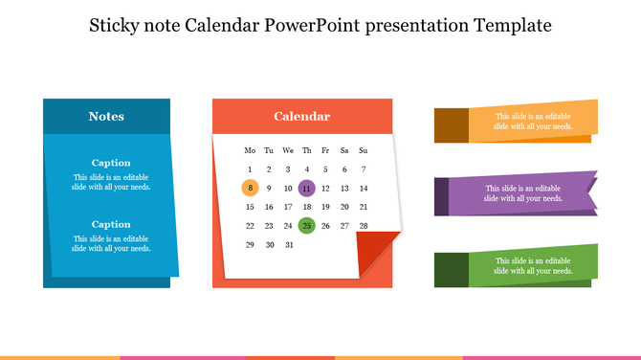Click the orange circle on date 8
coord(250,188)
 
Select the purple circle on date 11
coord(306,188)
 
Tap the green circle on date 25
coord(306,226)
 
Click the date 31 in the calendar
coord(288,244)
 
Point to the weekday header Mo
coord(250,150)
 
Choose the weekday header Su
coord(364,150)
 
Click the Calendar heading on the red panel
coord(301,117)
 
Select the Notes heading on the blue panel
coord(106,117)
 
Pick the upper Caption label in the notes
coord(111,163)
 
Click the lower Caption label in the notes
coord(111,224)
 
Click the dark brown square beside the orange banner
coord(451,125)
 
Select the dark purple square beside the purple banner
coord(441,196)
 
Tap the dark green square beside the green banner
coord(451,270)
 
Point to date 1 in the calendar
coord(250,169)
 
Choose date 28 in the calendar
coord(364,226)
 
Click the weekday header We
coord(288,150)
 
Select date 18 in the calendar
coord(306,207)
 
